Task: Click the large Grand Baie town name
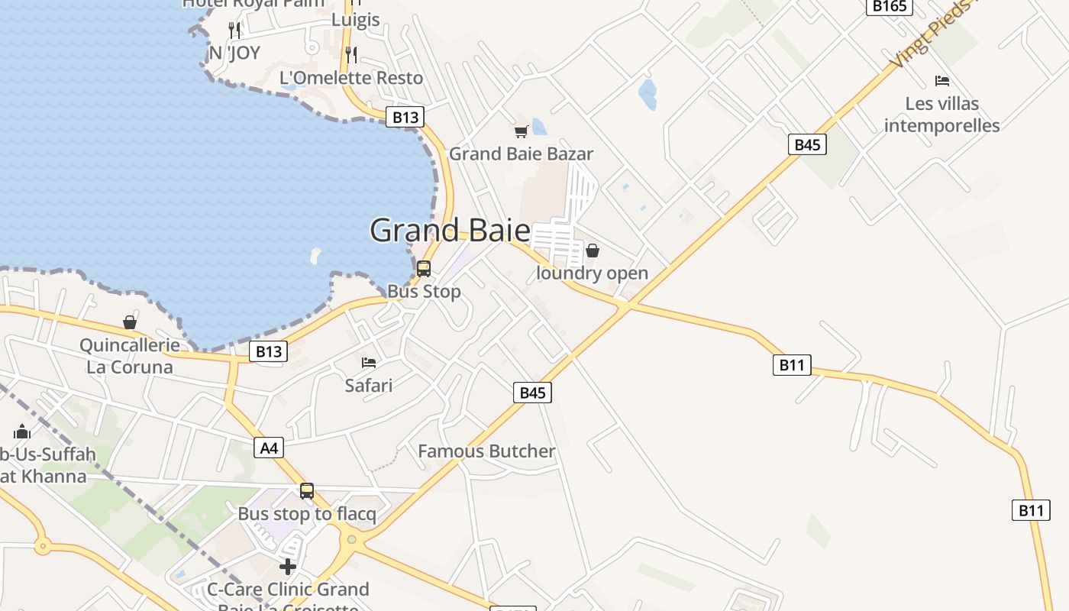tap(450, 230)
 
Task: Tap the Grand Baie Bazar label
tap(521, 154)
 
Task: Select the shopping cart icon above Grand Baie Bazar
tap(521, 131)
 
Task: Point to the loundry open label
tap(592, 273)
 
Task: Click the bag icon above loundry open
tap(592, 251)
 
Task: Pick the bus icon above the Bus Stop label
tap(424, 269)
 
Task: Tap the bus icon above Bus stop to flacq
tap(307, 491)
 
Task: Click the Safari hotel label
tap(369, 385)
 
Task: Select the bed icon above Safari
tap(369, 362)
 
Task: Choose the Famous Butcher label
tap(486, 451)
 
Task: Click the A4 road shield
tap(269, 448)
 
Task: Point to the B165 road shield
tap(890, 6)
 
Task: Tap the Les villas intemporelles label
tap(942, 115)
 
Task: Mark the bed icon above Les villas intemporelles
tap(942, 81)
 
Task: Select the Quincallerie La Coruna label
tap(130, 356)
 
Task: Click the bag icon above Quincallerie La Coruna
tap(130, 323)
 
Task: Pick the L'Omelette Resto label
tap(351, 78)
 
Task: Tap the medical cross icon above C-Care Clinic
tap(288, 567)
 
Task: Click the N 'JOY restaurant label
tap(234, 53)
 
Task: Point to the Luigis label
tap(355, 20)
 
